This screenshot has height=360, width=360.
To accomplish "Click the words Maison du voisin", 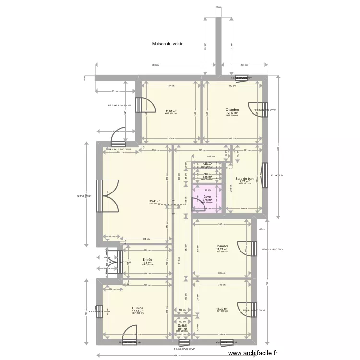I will pos(168,44).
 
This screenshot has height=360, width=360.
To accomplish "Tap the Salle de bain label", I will pos(244,178).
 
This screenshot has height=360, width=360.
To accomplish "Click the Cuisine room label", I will pos(138,308).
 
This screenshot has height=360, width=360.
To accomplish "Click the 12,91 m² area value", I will pos(170,111).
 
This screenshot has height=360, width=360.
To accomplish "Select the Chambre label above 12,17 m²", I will pos(232,110).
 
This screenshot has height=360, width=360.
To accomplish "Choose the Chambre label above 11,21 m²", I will pos(221,246).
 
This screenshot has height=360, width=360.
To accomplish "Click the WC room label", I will pos(207,174).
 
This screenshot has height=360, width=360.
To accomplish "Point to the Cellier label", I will pos(181,325).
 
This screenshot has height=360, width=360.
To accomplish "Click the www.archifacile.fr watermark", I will pos(253,353).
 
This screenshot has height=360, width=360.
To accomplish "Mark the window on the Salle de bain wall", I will pos(264,176).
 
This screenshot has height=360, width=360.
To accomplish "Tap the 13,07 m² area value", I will pos(138,311).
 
